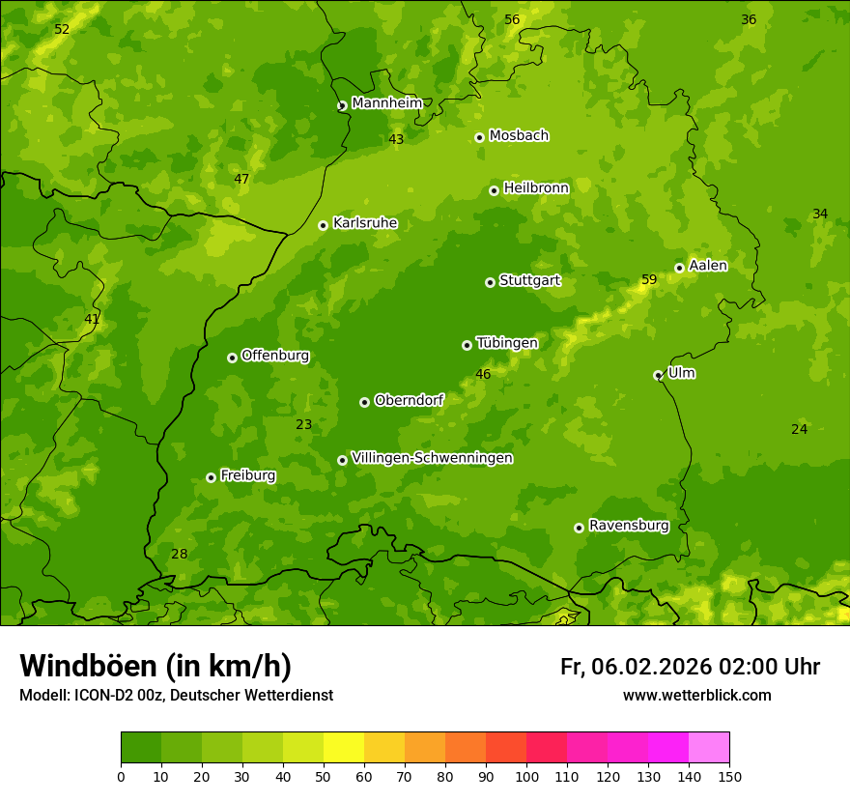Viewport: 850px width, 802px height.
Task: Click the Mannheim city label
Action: pyautogui.click(x=386, y=103)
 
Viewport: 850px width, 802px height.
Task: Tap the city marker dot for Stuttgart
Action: pyautogui.click(x=490, y=282)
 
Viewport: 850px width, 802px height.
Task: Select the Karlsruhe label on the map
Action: pyautogui.click(x=364, y=223)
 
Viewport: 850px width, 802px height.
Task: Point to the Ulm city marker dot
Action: pyautogui.click(x=658, y=375)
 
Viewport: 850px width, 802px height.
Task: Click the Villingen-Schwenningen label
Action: pyautogui.click(x=432, y=458)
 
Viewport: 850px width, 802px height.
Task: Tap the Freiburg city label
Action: pyautogui.click(x=247, y=475)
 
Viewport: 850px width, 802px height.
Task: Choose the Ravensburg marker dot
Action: pyautogui.click(x=579, y=528)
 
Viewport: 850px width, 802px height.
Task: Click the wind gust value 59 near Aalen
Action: pyautogui.click(x=649, y=280)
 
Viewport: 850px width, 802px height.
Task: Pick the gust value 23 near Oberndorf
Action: pyautogui.click(x=304, y=424)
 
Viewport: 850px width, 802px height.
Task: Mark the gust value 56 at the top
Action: pyautogui.click(x=512, y=20)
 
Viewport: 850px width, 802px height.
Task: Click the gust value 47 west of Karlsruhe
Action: pyautogui.click(x=241, y=179)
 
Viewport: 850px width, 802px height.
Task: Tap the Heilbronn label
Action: pyautogui.click(x=536, y=188)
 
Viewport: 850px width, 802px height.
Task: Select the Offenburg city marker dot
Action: pyautogui.click(x=232, y=358)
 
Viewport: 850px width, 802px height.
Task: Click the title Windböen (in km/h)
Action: pyautogui.click(x=156, y=666)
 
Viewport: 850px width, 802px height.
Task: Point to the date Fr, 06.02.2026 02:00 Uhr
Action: pyautogui.click(x=690, y=667)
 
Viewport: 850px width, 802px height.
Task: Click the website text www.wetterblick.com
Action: pyautogui.click(x=696, y=696)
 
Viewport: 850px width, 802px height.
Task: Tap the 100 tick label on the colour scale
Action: pyautogui.click(x=526, y=776)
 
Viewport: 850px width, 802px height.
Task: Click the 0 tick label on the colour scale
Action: pyautogui.click(x=121, y=776)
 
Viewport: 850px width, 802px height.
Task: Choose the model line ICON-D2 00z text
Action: pyautogui.click(x=176, y=696)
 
